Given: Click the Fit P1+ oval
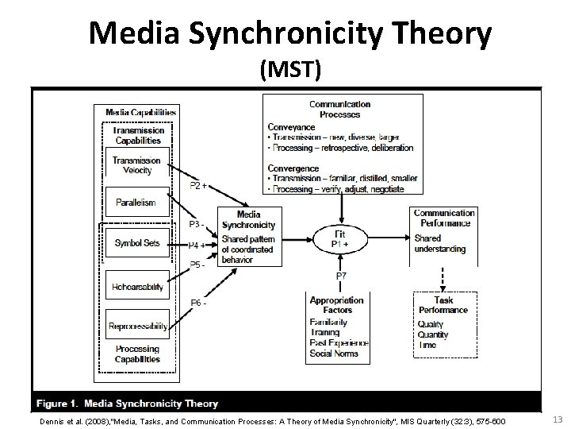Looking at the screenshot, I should (339, 238).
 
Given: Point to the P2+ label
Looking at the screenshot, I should (199, 186).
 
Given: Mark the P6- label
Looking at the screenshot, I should (199, 303).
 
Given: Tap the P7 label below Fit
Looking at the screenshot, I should (341, 276).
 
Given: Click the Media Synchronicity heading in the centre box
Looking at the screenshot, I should (248, 219).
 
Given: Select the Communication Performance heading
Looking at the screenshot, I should (444, 218).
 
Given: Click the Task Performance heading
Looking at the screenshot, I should (445, 304).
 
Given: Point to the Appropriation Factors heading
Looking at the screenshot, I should (337, 305).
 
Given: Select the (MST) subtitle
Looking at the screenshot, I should (290, 71).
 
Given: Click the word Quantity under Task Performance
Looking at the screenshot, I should (433, 334).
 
